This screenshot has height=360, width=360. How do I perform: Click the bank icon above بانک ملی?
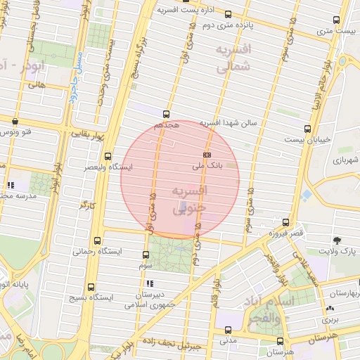(207, 153)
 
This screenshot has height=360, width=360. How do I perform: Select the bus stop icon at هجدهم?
(167, 113)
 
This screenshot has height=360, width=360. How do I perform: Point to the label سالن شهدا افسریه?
(230, 122)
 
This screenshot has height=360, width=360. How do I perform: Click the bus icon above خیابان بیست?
(307, 129)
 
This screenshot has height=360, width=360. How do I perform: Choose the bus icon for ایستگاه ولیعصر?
(108, 156)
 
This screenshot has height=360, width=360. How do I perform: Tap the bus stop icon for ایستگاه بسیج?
(91, 287)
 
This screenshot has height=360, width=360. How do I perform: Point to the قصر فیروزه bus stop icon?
(285, 221)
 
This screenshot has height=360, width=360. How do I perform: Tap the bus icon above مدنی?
(227, 329)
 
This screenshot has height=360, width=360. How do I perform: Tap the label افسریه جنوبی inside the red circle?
(188, 198)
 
